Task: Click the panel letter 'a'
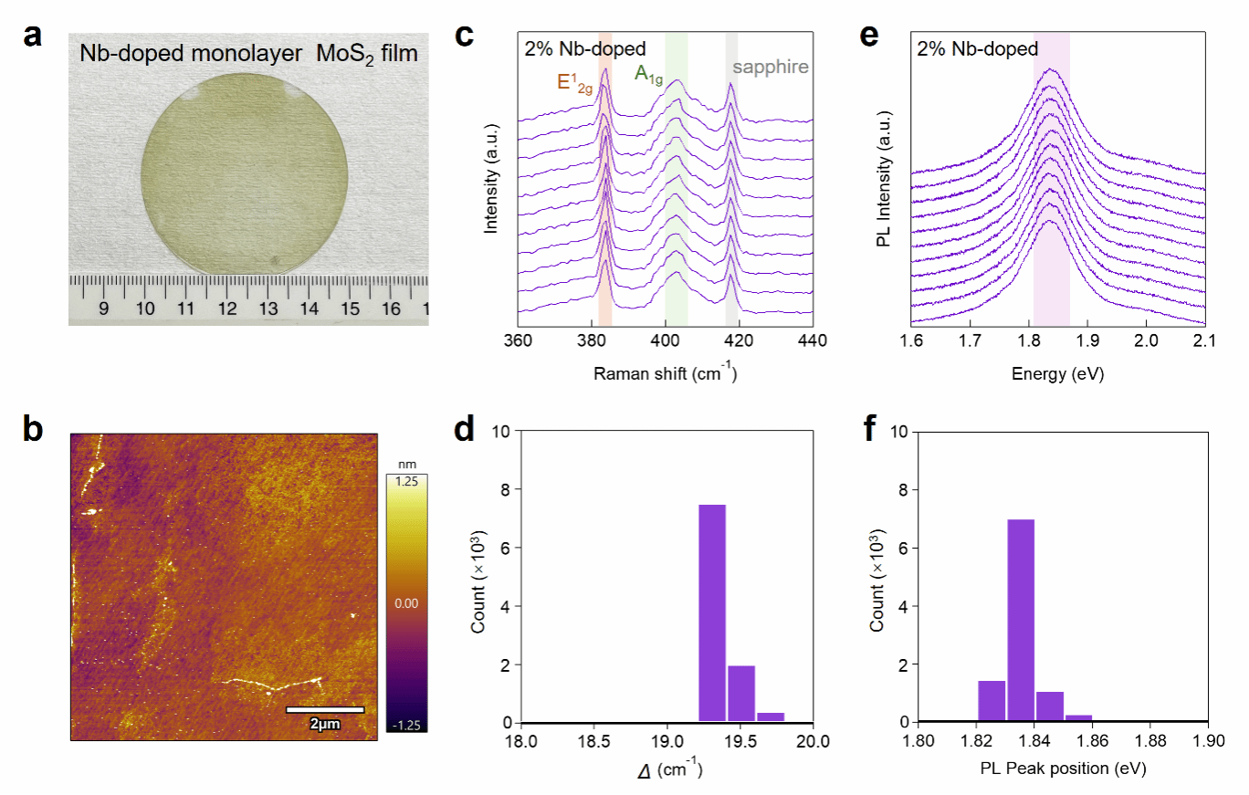34,37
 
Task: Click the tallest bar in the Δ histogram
712,612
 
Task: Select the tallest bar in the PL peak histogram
1020,620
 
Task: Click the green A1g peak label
648,77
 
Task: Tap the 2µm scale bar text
325,724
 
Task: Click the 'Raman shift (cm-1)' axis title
665,373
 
